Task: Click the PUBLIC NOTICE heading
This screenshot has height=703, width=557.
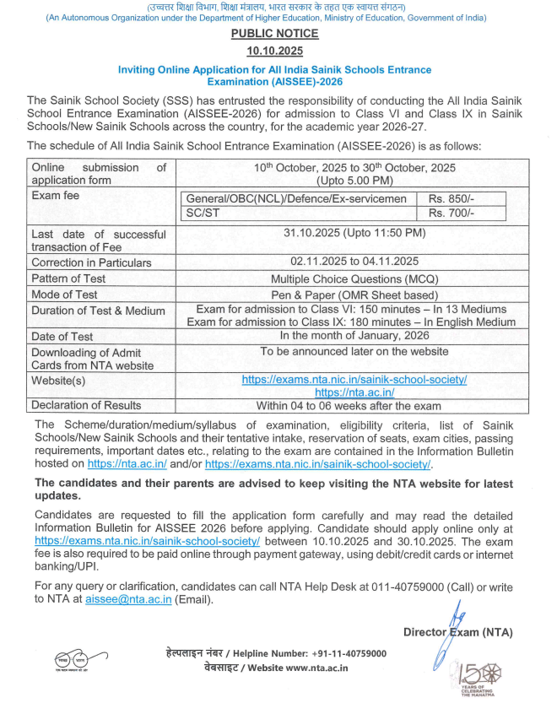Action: click(275, 34)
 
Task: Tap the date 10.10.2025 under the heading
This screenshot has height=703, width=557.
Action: click(275, 51)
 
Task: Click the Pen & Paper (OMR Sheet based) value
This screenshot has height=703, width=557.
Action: click(354, 295)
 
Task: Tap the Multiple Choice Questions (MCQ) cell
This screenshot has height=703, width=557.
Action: click(354, 278)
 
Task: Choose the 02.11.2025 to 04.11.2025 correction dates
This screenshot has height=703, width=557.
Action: click(354, 262)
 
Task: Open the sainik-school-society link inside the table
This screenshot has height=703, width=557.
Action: click(354, 380)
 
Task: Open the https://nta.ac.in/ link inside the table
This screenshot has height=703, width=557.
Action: click(354, 392)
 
